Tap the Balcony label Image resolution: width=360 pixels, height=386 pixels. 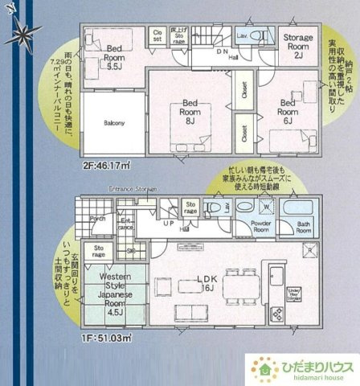tap(112, 123)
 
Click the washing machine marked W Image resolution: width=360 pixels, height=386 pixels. tap(264, 206)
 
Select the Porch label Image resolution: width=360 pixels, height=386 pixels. tap(97, 218)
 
